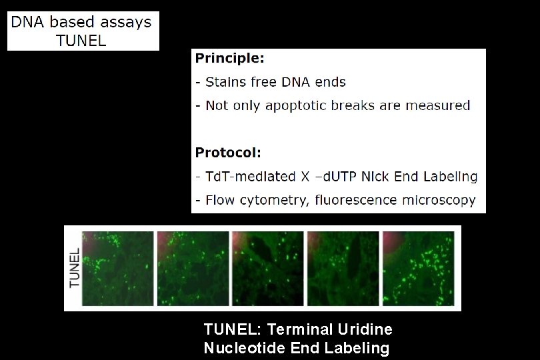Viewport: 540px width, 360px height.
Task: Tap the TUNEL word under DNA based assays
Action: coord(81,40)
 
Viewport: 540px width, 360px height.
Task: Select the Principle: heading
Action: coord(229,59)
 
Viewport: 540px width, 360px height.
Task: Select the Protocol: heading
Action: coord(227,153)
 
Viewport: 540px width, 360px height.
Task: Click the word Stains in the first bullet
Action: coord(226,82)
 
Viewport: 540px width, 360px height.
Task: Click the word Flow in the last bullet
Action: coord(219,200)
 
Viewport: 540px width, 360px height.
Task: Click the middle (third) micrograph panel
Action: coord(267,267)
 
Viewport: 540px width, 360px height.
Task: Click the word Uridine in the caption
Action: coord(366,329)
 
